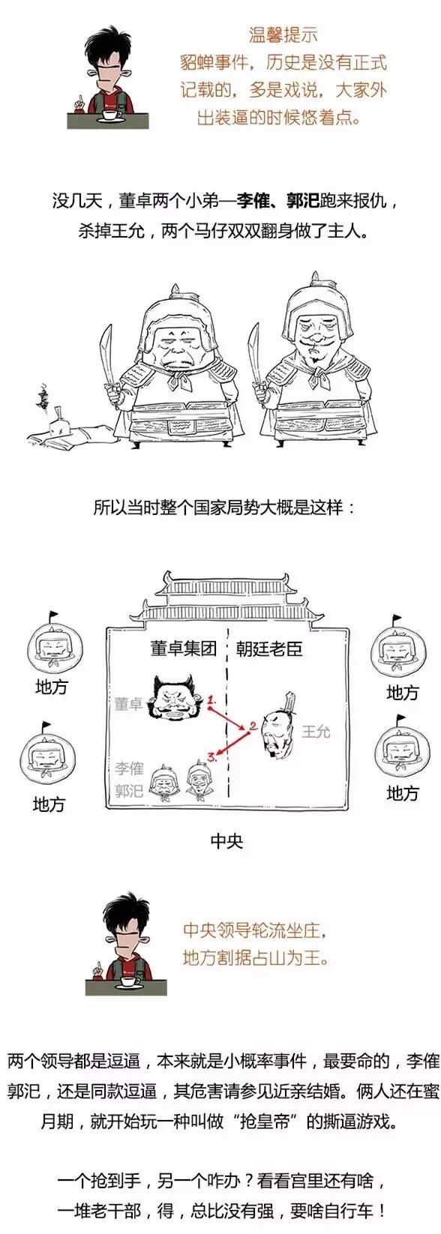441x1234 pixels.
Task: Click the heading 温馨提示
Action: click(283, 34)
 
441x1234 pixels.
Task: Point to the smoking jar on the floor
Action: click(55, 425)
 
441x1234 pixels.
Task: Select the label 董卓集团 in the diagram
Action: click(183, 648)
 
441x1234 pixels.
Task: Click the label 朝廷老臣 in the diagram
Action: click(269, 648)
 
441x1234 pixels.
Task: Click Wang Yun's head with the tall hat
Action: click(279, 724)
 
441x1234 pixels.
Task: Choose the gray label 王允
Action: click(316, 731)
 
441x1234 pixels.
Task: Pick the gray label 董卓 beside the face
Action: click(128, 703)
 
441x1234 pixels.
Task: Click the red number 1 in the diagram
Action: click(212, 699)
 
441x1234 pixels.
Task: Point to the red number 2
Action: click(253, 726)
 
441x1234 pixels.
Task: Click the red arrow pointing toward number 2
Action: click(231, 717)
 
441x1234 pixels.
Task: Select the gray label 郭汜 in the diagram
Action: click(129, 790)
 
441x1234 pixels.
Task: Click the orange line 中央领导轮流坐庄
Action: click(256, 931)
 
